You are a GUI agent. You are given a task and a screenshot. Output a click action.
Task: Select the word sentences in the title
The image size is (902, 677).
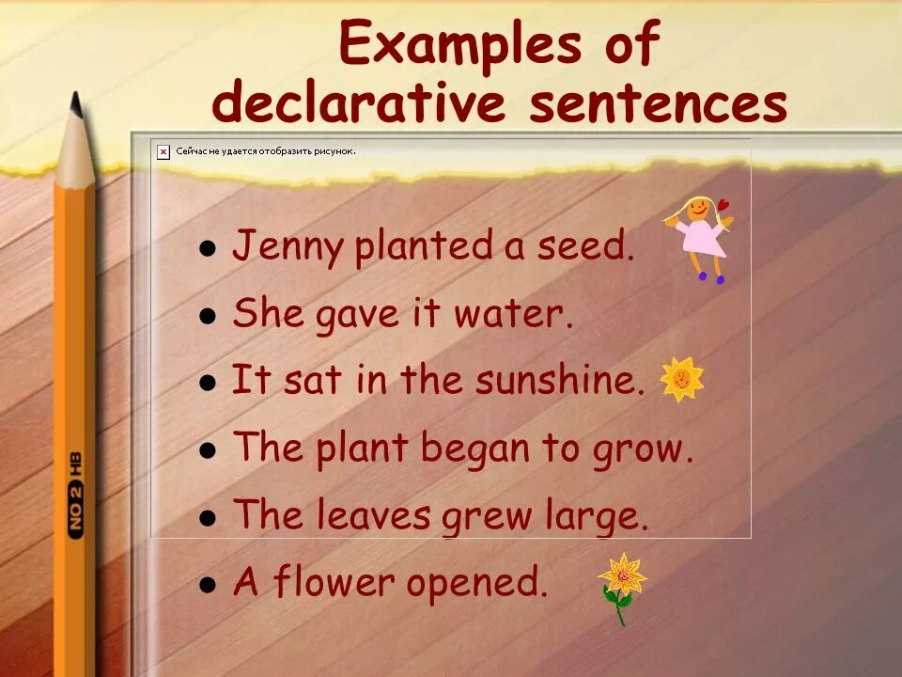pyautogui.click(x=658, y=104)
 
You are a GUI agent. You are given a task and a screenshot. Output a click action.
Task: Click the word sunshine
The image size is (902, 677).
pyautogui.click(x=560, y=381)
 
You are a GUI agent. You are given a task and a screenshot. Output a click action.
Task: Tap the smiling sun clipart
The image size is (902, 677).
pyautogui.click(x=681, y=379)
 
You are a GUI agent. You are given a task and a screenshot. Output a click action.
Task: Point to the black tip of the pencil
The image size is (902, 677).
pyautogui.click(x=76, y=103)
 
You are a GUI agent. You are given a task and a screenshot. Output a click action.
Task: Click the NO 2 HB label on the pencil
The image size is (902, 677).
pyautogui.click(x=75, y=495)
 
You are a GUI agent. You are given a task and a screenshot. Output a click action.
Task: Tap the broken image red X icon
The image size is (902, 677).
pyautogui.click(x=163, y=150)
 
